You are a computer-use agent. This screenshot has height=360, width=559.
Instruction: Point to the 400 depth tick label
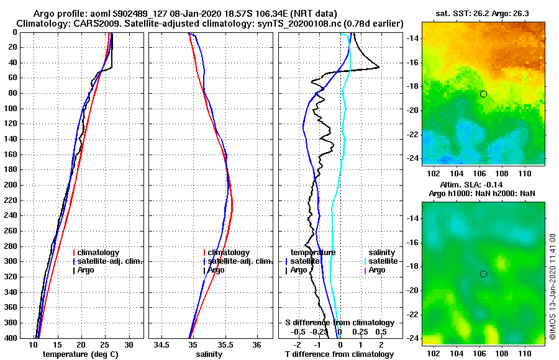(x=12, y=338)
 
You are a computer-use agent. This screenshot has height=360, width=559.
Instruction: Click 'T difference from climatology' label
(x=339, y=354)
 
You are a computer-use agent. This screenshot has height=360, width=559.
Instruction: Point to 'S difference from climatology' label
(x=339, y=323)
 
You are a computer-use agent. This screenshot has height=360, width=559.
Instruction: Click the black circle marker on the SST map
(x=483, y=94)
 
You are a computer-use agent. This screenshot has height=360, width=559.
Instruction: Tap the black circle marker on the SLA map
(x=483, y=274)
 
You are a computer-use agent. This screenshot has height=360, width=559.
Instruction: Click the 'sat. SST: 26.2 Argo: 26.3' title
(x=483, y=12)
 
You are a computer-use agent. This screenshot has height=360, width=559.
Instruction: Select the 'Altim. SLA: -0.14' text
(x=483, y=186)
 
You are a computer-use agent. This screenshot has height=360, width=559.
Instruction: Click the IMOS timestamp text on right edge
(x=553, y=287)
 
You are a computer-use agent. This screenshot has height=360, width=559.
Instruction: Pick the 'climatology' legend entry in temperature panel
(x=98, y=253)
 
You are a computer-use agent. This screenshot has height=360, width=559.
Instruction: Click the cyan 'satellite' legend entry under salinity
(x=383, y=261)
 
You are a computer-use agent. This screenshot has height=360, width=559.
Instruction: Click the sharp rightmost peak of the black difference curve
(x=379, y=68)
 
